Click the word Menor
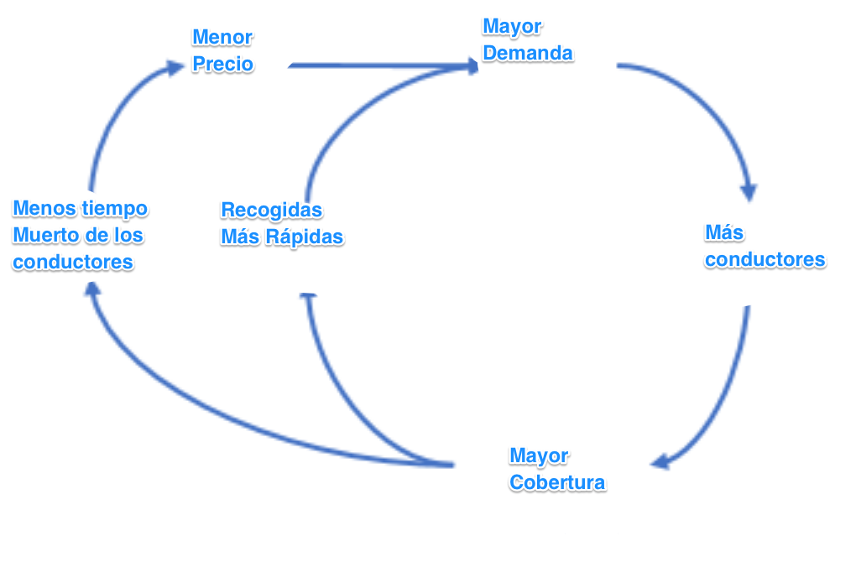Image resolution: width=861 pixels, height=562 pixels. point(222,38)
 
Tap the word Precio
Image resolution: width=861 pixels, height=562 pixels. point(222,65)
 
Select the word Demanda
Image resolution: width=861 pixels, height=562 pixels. point(528,54)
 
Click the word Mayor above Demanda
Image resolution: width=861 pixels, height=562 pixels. point(512,27)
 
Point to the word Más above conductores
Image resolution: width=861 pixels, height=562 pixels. point(724,232)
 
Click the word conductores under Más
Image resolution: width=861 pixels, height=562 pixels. point(764,259)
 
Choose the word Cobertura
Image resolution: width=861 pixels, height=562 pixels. point(557,483)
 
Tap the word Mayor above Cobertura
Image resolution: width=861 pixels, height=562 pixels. point(539,456)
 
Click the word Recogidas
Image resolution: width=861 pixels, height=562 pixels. point(271,210)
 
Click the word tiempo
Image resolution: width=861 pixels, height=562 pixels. point(114,208)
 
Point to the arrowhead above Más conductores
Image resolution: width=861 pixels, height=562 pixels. point(748,192)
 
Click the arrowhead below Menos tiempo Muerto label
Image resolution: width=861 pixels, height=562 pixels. point(91,290)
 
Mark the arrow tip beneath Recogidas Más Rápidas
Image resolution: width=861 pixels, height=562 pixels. point(308,297)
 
